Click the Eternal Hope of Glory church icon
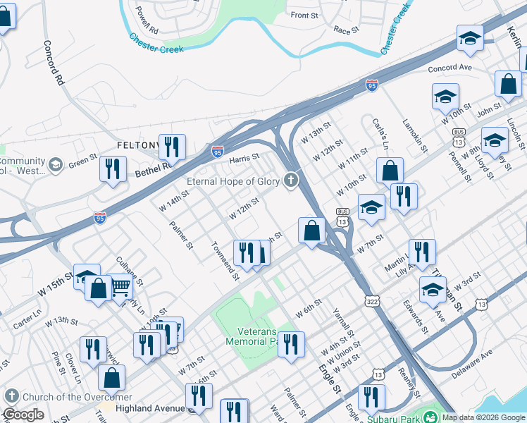pyautogui.click(x=290, y=181)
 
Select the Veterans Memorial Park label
pyautogui.click(x=250, y=336)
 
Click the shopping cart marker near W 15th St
pyautogui.click(x=121, y=286)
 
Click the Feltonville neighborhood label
pyautogui.click(x=137, y=145)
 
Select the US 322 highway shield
pyautogui.click(x=371, y=301)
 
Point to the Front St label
pyautogui.click(x=304, y=15)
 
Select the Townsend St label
pyautogui.click(x=225, y=262)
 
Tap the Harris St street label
pyautogui.click(x=246, y=158)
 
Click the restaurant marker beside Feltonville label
pyautogui.click(x=172, y=147)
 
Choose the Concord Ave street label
pyautogui.click(x=449, y=68)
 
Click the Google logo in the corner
pyautogui.click(x=23, y=415)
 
